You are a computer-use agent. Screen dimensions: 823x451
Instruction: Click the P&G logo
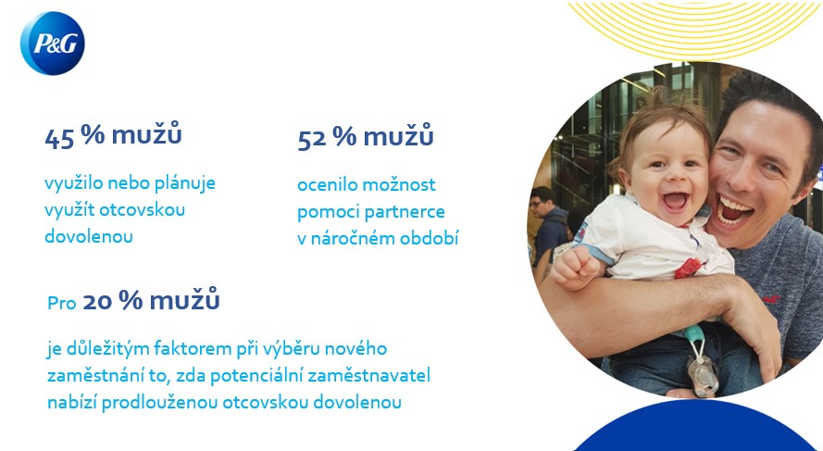[53, 43]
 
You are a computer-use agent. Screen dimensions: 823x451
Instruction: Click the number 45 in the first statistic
[59, 139]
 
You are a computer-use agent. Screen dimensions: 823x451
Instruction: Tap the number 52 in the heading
[312, 140]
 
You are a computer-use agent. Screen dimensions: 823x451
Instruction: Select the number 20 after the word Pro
[97, 302]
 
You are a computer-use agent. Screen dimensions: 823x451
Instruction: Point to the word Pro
[62, 303]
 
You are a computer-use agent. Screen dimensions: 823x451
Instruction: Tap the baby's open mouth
[676, 202]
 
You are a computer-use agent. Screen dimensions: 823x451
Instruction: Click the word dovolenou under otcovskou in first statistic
[89, 236]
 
